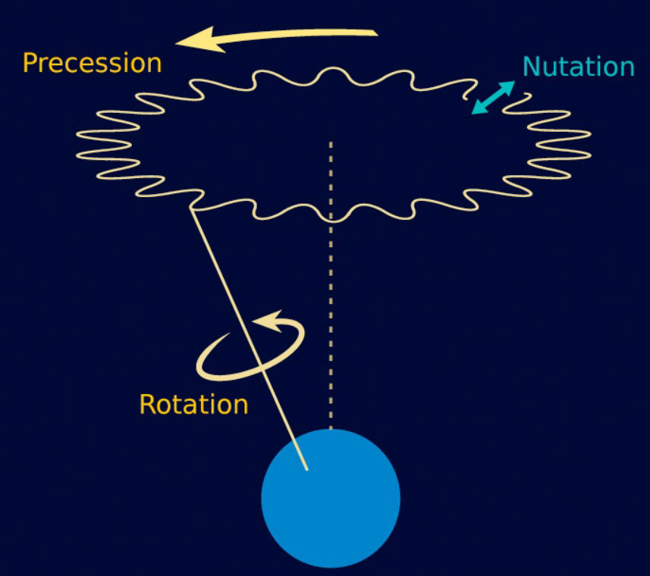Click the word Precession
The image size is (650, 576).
(92, 62)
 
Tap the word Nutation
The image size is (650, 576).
(578, 67)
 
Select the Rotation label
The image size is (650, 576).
(193, 404)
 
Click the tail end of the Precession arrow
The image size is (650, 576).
(375, 33)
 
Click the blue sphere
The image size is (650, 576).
(331, 498)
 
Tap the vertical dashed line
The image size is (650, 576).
(331, 318)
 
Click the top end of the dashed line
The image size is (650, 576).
(331, 142)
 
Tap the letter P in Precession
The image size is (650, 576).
(31, 62)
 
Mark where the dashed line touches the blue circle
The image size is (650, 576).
(331, 429)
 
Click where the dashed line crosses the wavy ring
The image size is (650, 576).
(331, 219)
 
